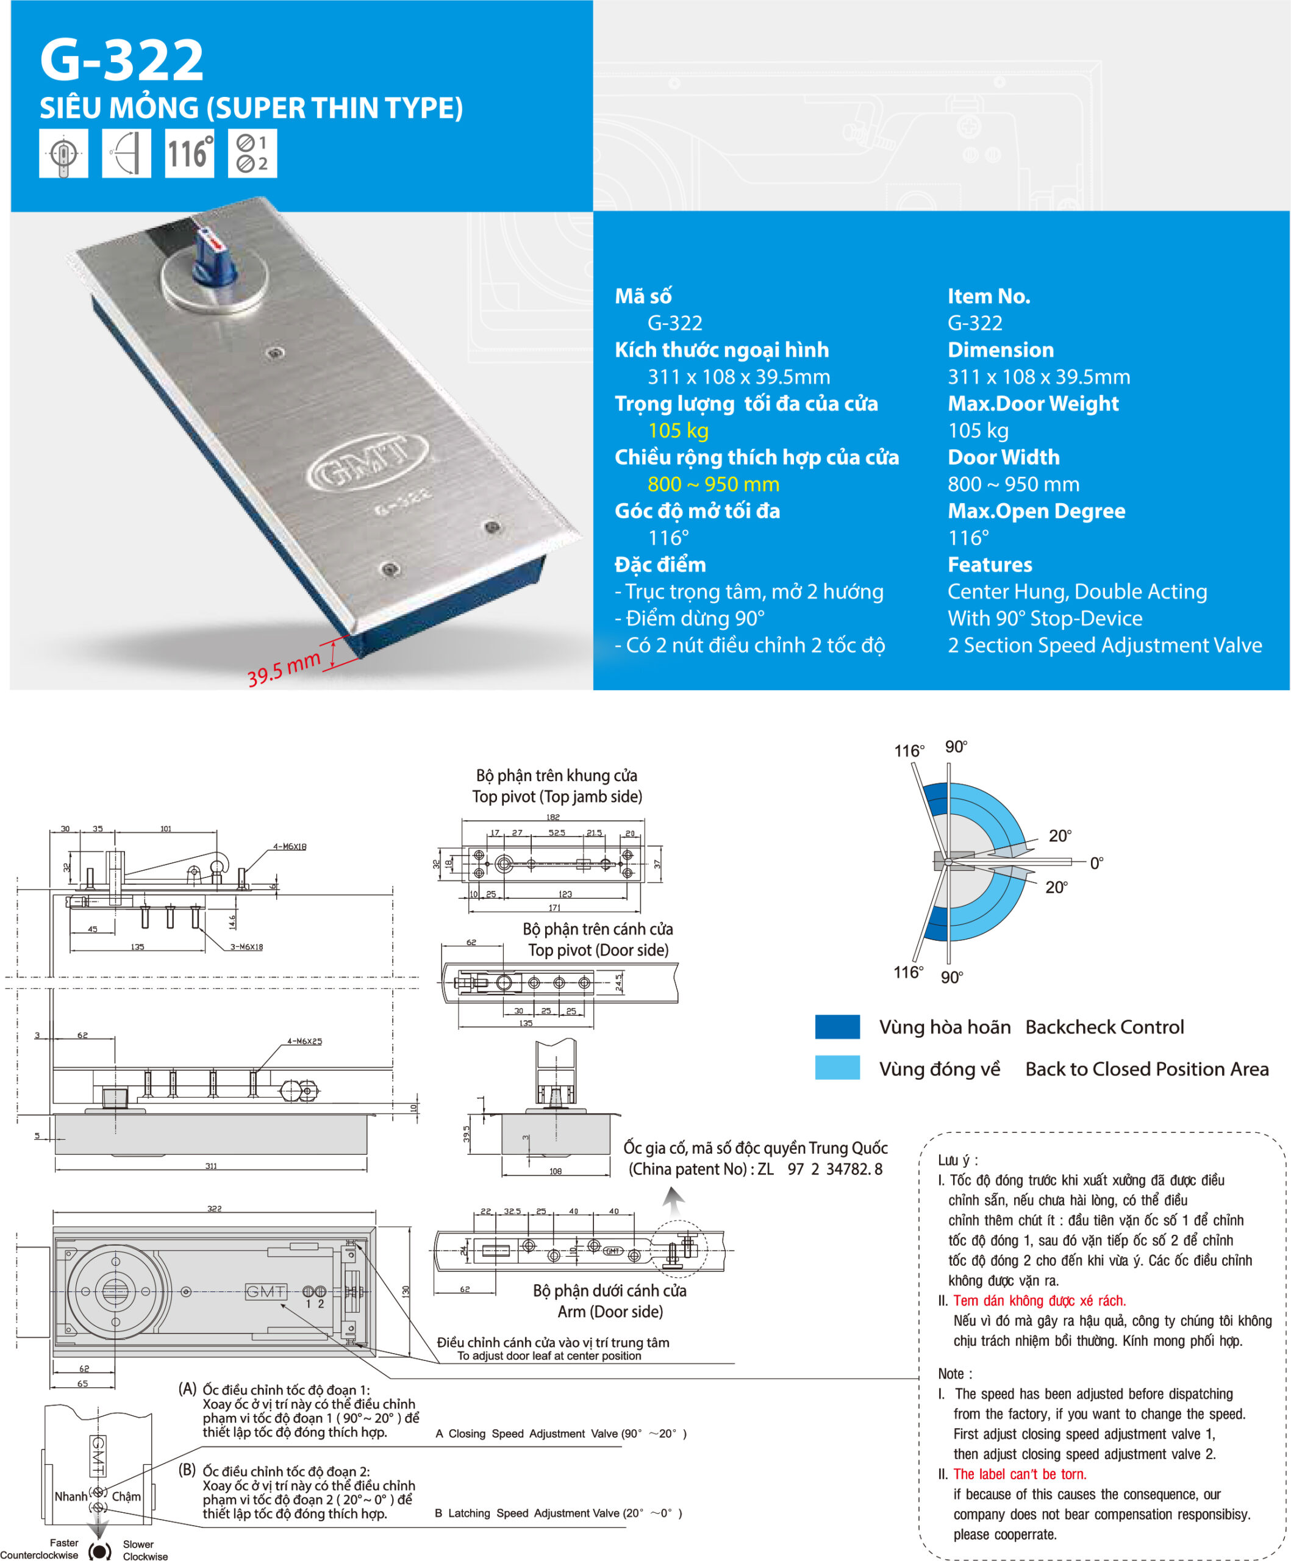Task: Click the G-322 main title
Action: tap(121, 60)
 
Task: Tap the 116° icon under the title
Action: tap(189, 153)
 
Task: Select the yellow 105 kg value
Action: tap(678, 430)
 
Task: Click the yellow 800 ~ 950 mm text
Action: tap(713, 484)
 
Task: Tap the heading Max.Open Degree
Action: tap(1036, 510)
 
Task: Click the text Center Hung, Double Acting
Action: tap(1077, 591)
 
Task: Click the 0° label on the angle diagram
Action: tap(1096, 863)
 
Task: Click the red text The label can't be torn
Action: tap(1020, 1474)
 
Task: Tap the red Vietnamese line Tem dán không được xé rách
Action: tap(1039, 1300)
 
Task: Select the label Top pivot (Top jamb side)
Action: tap(557, 796)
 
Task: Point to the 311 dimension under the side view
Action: tap(211, 1166)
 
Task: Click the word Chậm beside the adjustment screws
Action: tap(126, 1496)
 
